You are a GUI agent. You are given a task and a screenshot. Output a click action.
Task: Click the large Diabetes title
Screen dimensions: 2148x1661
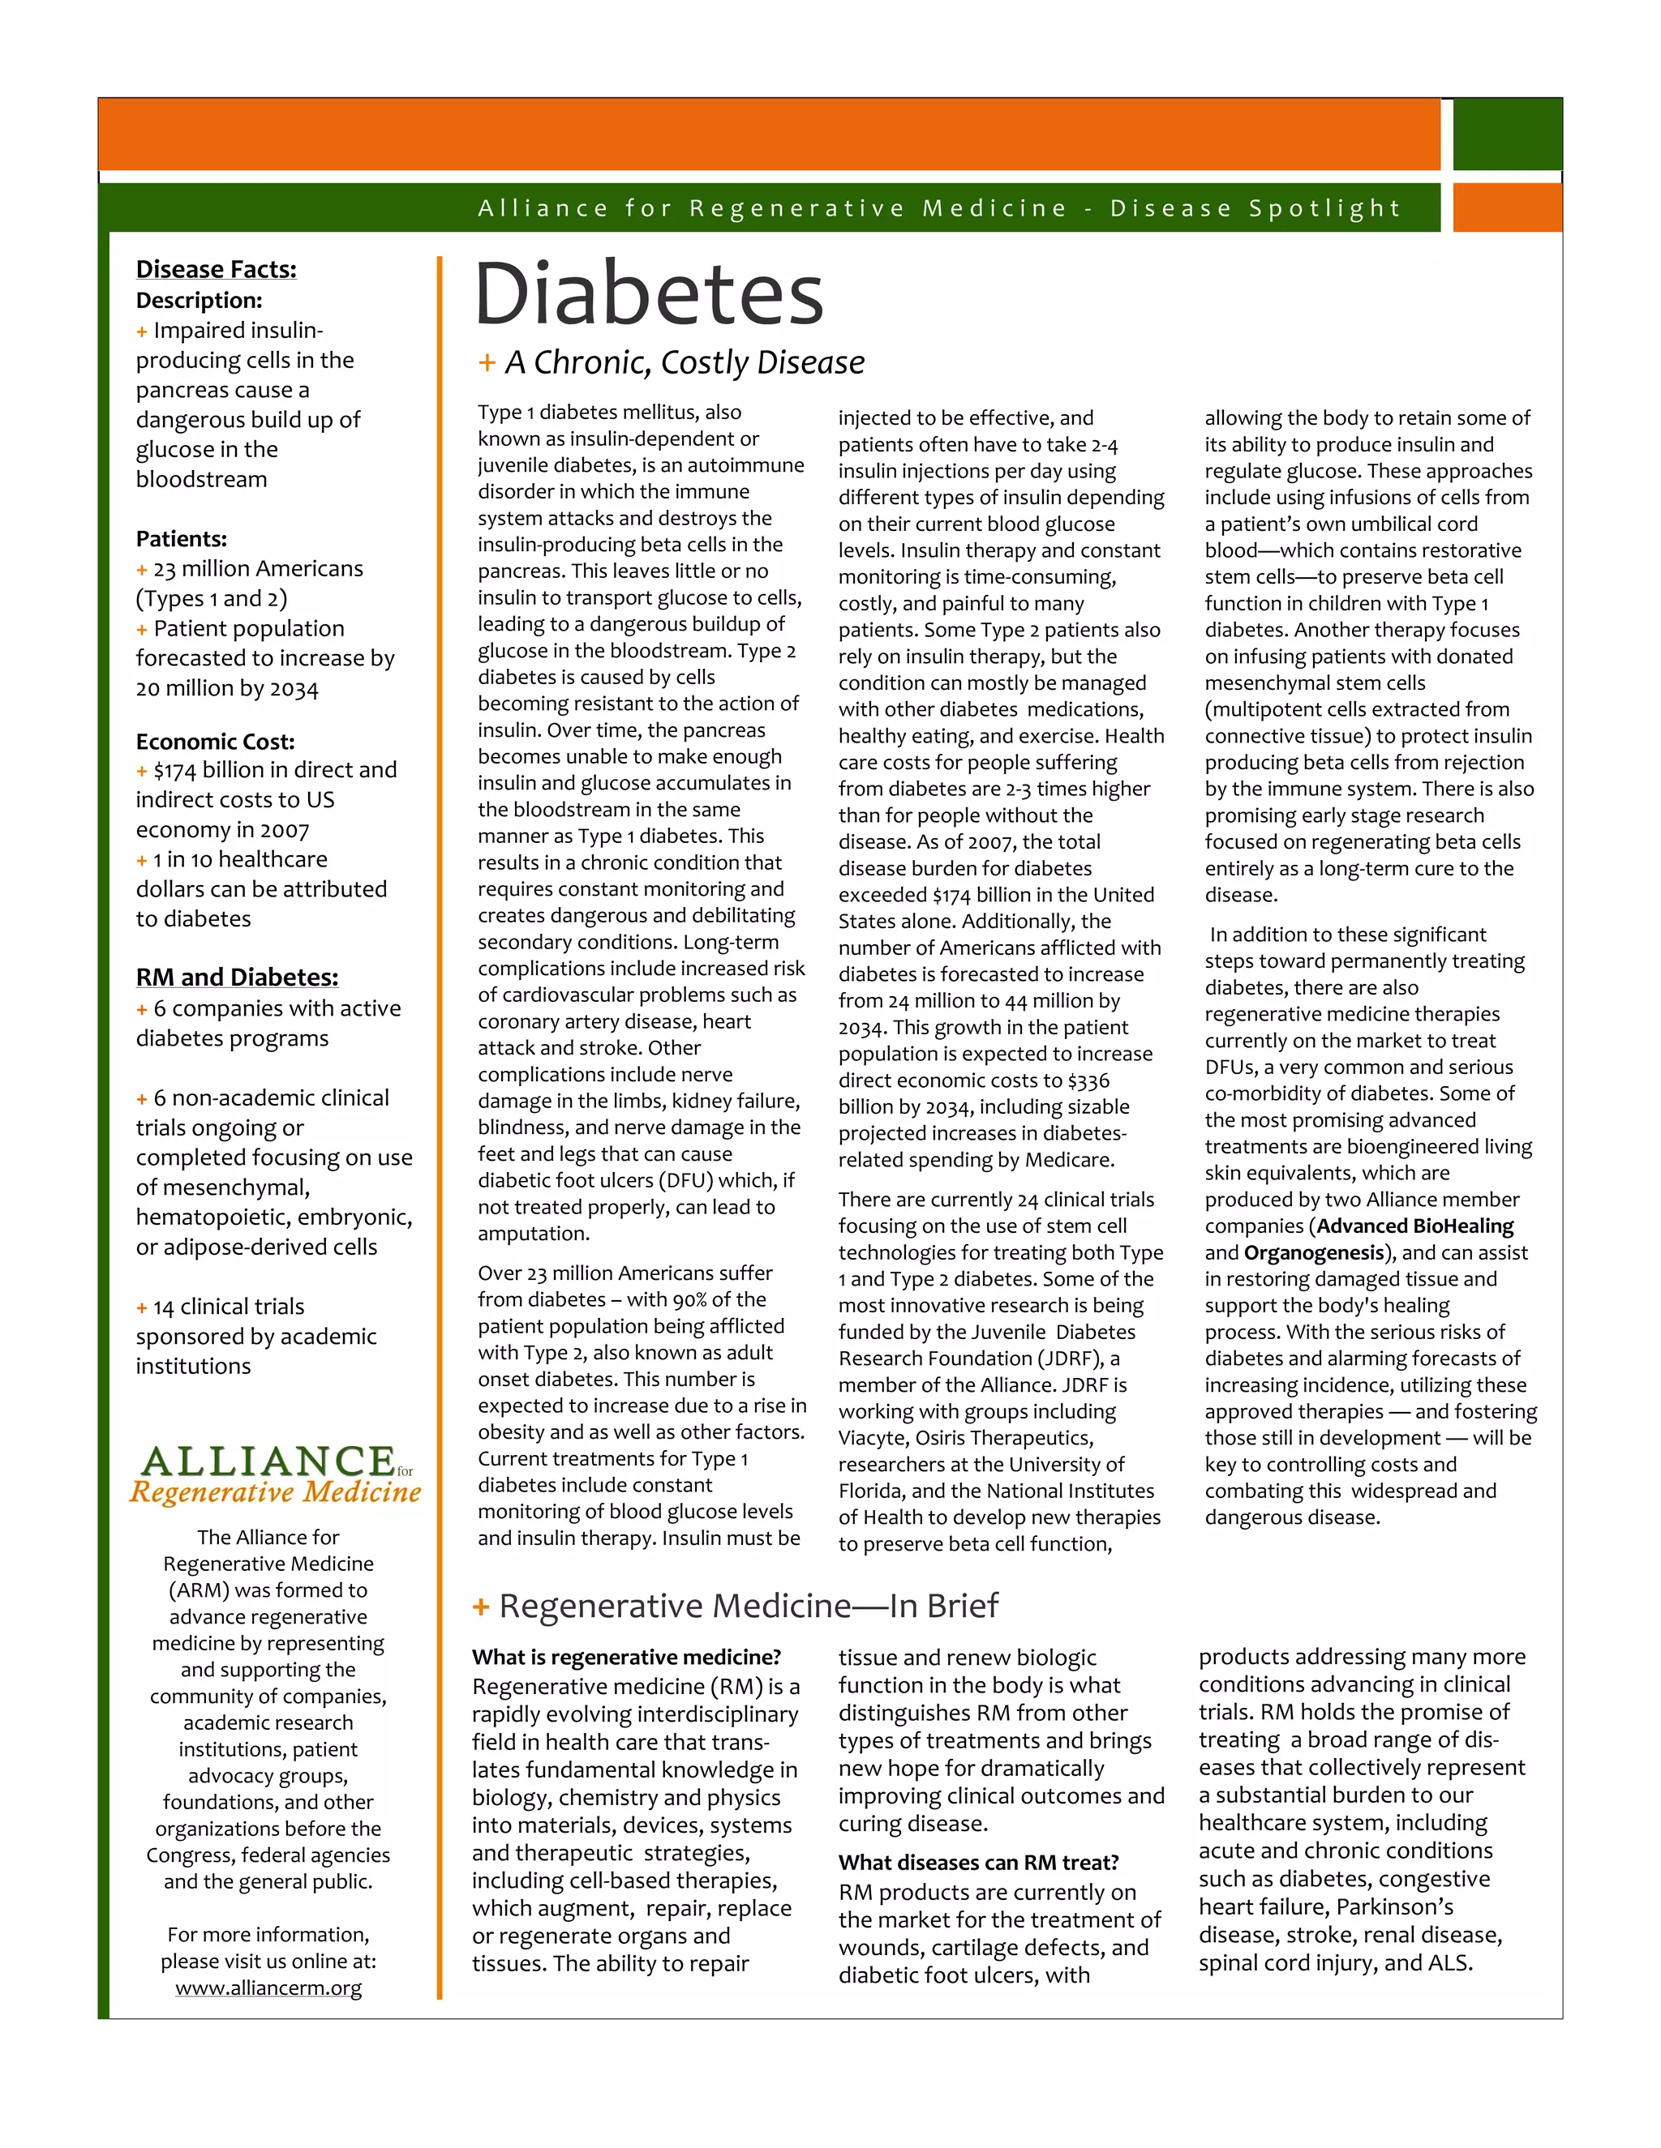(649, 294)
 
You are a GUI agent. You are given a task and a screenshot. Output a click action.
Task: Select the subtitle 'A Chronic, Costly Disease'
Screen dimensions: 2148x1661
(684, 363)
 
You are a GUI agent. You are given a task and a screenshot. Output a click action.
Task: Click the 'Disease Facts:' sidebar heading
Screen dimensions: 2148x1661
(216, 269)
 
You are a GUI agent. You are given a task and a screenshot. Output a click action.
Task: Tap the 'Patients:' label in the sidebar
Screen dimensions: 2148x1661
(181, 539)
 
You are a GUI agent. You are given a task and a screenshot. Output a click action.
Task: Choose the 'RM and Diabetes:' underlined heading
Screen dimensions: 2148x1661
(237, 978)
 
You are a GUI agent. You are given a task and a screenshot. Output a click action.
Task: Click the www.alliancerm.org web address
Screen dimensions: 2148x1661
(268, 1988)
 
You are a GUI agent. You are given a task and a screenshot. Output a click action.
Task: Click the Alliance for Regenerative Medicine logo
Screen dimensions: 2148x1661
(275, 1474)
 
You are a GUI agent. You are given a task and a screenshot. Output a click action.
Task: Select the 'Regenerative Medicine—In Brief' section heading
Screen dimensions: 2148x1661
(748, 1606)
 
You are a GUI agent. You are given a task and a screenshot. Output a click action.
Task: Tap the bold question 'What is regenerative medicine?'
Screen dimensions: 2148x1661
(626, 1658)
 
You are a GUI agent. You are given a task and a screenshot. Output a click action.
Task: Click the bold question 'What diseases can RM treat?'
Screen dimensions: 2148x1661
(978, 1862)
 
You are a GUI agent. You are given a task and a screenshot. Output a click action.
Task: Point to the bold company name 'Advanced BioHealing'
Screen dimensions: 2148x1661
(1415, 1226)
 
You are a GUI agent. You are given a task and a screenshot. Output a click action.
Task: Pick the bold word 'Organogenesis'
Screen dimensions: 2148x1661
(1314, 1252)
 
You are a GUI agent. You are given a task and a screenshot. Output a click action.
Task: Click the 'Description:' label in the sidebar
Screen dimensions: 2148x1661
(199, 300)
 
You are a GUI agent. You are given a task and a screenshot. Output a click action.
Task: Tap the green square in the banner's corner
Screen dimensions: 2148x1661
(1507, 135)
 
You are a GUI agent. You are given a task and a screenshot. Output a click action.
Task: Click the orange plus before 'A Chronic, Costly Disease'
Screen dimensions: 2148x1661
(486, 363)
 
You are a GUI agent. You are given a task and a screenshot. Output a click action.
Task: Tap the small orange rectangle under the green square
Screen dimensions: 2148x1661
(1507, 208)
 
